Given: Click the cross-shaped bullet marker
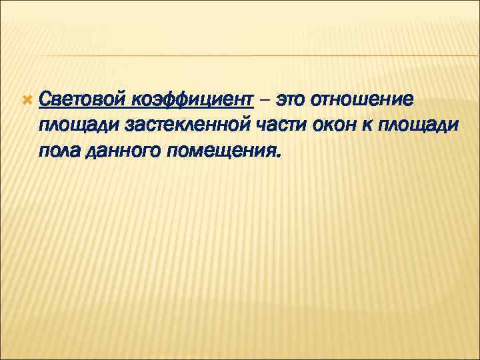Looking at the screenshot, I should coord(26,100).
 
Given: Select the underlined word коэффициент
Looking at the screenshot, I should coord(192,100).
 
